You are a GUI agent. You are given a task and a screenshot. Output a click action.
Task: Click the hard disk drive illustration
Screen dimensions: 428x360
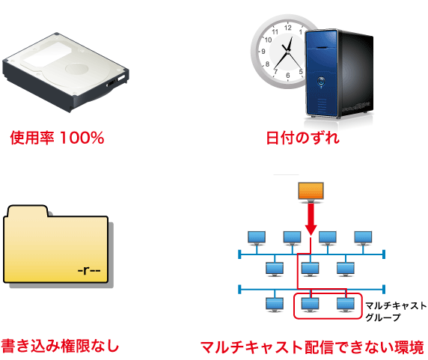[66, 73]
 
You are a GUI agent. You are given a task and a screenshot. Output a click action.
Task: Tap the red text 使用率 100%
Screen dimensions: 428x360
[57, 138]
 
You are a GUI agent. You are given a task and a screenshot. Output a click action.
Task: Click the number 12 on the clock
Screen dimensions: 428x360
[287, 28]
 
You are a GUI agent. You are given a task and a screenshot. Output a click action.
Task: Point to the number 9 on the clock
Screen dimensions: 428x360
[263, 52]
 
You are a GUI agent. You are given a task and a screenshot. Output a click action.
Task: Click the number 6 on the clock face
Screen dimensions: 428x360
[287, 76]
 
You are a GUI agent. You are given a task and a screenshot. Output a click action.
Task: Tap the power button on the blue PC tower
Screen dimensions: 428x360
[321, 82]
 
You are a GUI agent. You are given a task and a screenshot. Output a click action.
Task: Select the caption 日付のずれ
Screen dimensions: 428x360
[303, 138]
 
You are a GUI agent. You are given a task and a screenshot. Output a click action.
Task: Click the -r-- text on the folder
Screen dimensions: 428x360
[89, 270]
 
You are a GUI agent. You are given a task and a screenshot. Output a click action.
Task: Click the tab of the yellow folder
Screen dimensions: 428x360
[28, 211]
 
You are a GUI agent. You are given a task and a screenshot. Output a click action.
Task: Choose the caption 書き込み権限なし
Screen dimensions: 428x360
[60, 346]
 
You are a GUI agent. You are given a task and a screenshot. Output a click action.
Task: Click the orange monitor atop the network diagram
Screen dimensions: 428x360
[311, 192]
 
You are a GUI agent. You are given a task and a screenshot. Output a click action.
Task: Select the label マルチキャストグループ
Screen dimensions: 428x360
[396, 311]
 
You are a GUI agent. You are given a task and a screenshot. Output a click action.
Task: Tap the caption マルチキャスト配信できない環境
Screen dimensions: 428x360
[313, 347]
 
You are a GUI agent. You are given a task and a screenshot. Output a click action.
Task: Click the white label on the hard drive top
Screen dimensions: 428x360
[46, 54]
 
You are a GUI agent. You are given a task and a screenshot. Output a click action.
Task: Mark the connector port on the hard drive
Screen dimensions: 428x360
[117, 81]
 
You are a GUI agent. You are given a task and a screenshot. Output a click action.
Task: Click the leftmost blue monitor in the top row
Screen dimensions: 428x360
[257, 238]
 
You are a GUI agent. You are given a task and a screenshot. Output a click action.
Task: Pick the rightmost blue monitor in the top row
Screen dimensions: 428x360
[363, 238]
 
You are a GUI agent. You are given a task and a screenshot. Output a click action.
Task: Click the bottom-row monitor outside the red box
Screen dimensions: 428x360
[275, 305]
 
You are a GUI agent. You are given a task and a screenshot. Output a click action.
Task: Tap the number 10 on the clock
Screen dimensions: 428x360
[268, 40]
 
